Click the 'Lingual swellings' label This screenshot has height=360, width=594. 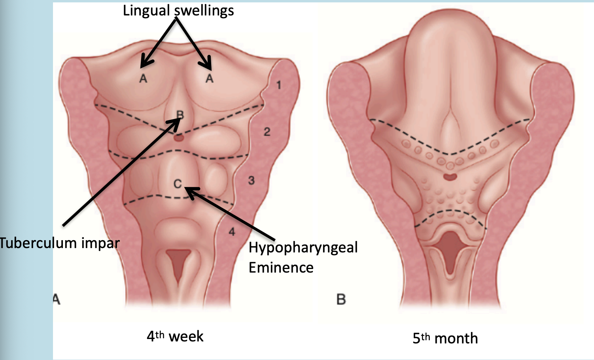(178, 11)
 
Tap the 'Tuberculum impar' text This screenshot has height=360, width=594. (60, 243)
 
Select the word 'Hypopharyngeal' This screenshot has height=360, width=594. (303, 248)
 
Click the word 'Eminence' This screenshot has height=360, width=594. (281, 268)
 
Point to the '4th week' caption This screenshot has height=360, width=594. (175, 336)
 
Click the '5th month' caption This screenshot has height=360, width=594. (445, 338)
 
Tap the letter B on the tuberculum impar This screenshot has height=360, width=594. (180, 115)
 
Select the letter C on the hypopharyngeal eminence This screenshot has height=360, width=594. (178, 184)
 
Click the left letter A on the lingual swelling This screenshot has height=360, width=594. (143, 79)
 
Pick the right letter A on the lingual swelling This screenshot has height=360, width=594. (209, 79)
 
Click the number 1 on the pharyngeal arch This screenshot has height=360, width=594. (279, 85)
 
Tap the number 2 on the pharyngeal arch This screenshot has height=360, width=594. (267, 132)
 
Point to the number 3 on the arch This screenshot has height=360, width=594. (251, 181)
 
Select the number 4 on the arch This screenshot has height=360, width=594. (232, 231)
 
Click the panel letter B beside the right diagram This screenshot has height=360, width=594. (341, 299)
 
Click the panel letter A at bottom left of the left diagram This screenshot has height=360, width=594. (57, 299)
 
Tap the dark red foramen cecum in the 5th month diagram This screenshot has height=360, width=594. (450, 176)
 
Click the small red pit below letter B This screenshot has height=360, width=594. (179, 138)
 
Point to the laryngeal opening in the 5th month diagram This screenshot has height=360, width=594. (450, 249)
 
